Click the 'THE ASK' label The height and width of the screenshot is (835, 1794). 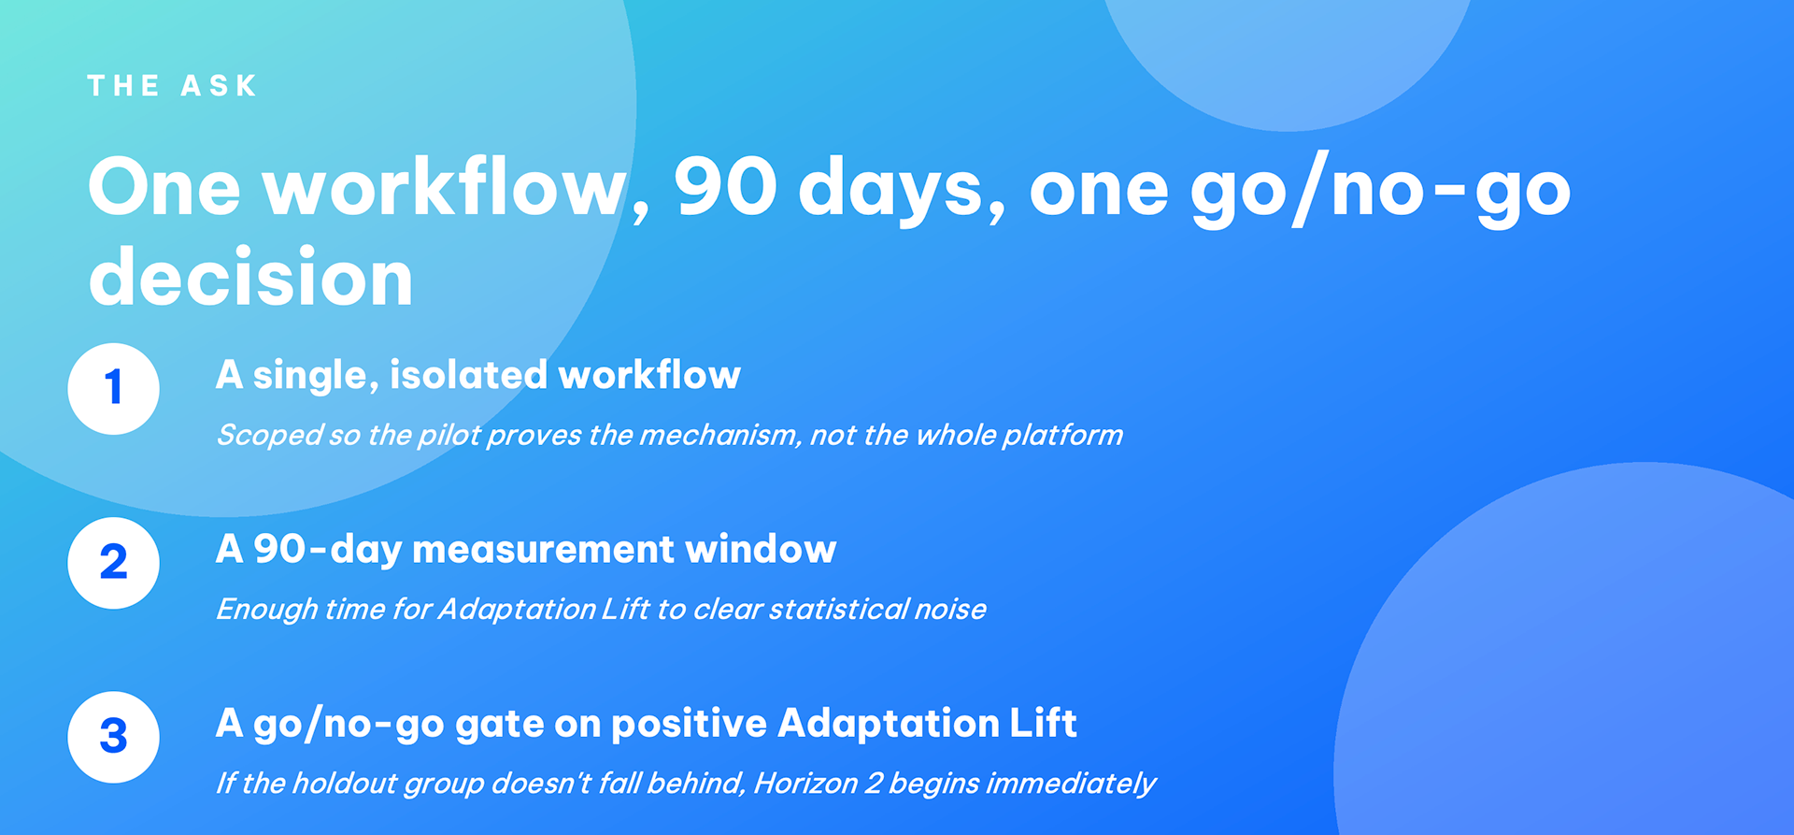click(172, 86)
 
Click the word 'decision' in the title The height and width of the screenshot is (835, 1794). click(250, 277)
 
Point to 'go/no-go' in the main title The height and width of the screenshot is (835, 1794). click(1381, 191)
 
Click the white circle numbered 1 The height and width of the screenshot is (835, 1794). click(114, 388)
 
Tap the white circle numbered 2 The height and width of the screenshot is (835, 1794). click(114, 563)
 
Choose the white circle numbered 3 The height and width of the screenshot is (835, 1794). click(114, 737)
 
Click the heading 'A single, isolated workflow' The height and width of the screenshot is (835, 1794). click(477, 376)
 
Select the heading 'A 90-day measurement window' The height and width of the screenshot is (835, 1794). click(526, 550)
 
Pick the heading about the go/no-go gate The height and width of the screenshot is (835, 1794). click(647, 724)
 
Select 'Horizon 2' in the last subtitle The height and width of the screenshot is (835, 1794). click(818, 784)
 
